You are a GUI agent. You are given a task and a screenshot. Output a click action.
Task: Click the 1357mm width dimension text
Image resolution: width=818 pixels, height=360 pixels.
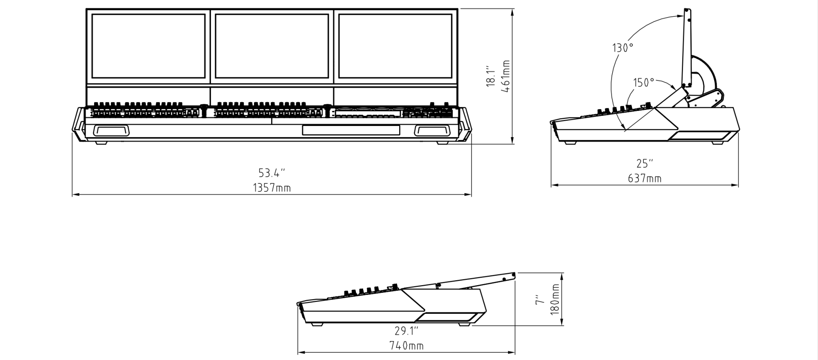(x=272, y=188)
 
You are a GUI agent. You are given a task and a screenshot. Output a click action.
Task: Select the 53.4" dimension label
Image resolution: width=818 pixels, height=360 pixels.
(x=272, y=173)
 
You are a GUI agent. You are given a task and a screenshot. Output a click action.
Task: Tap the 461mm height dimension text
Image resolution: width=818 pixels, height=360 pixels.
(x=506, y=76)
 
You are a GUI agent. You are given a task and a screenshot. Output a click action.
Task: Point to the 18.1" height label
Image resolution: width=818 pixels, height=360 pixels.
(x=490, y=76)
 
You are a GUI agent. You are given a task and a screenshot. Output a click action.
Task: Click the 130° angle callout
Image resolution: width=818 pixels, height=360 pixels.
(x=622, y=48)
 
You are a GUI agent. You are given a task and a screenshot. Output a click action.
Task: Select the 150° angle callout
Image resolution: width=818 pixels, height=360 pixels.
(x=644, y=83)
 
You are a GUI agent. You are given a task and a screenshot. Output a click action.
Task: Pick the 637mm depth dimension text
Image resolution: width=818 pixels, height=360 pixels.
(x=645, y=178)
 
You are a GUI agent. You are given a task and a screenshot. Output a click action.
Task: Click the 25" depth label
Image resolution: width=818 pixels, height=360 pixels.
(x=645, y=164)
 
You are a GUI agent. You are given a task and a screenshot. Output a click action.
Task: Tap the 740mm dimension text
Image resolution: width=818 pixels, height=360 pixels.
(x=406, y=346)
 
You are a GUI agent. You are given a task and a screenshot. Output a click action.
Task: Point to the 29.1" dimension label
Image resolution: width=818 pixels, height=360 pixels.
(x=406, y=331)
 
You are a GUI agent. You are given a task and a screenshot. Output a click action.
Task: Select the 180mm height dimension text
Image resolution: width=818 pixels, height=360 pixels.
(x=555, y=300)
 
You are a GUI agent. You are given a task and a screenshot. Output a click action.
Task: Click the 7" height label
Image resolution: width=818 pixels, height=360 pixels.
(x=540, y=300)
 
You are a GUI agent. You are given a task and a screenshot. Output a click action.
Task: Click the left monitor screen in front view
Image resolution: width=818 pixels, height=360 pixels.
(x=148, y=46)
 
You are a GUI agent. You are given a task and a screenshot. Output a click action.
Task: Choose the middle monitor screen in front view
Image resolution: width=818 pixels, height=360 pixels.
(x=272, y=46)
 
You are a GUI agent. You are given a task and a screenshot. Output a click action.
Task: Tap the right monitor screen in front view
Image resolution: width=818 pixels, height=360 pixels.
(x=395, y=46)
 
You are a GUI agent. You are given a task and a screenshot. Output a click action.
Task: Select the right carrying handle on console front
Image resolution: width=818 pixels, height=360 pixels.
(x=432, y=130)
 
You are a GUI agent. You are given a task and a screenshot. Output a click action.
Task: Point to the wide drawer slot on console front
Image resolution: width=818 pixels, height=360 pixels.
(x=351, y=130)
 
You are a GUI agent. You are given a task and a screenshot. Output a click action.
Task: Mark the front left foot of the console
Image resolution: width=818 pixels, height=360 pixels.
(x=101, y=143)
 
